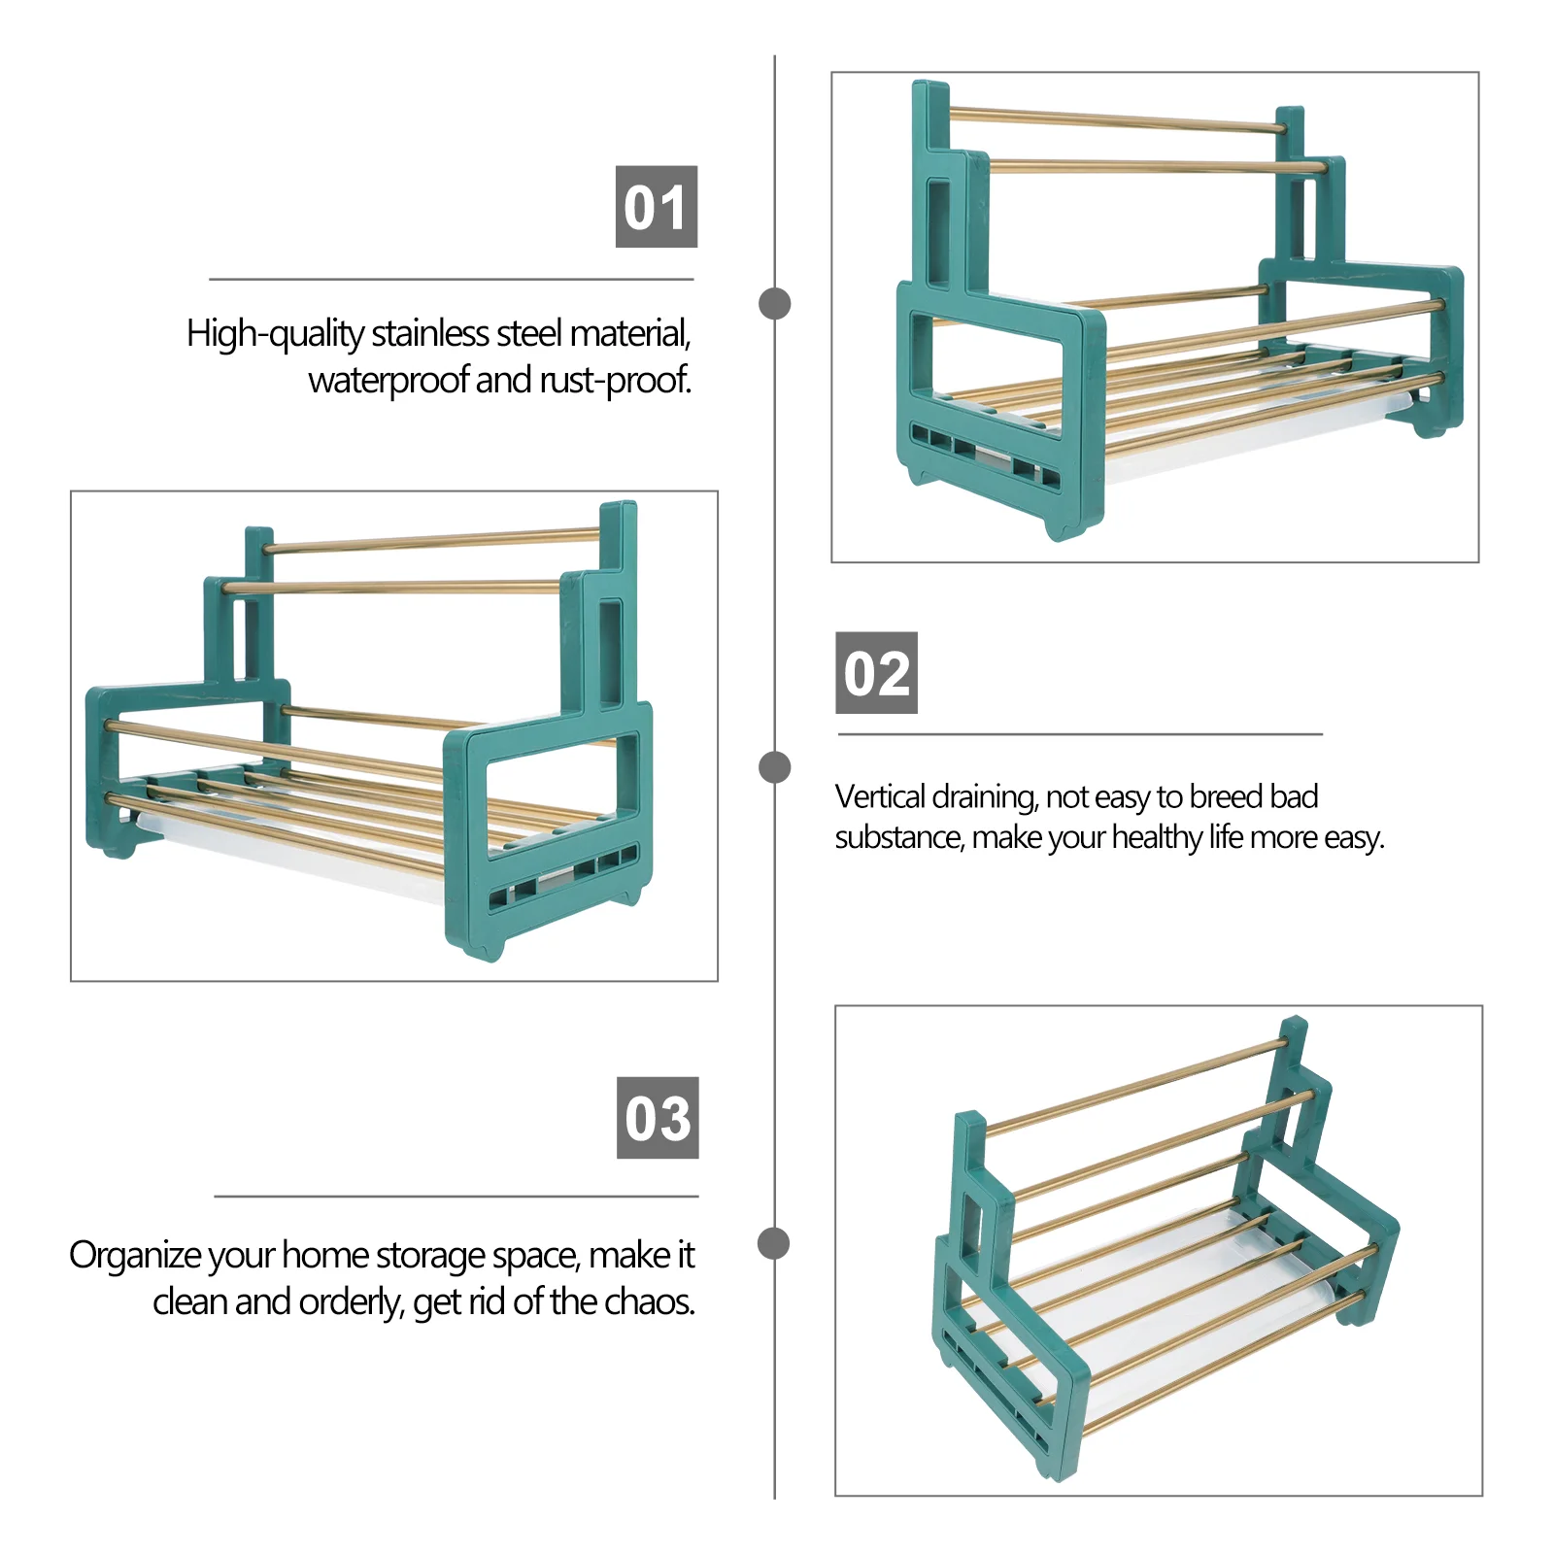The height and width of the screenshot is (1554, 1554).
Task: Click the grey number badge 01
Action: [x=657, y=207]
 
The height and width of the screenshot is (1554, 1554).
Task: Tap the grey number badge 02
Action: [x=877, y=673]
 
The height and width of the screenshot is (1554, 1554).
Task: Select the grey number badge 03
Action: [x=658, y=1118]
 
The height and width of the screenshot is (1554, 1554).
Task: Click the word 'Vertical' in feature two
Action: [x=880, y=796]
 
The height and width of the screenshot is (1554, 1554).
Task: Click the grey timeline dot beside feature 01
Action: [x=774, y=303]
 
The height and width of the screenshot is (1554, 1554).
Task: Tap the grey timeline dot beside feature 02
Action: [x=774, y=767]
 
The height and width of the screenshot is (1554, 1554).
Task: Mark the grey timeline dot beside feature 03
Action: [x=774, y=1243]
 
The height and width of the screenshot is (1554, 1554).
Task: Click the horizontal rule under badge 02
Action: [x=1080, y=734]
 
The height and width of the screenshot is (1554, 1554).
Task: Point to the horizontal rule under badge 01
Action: [x=452, y=280]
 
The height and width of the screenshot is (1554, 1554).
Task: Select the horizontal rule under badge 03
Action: [x=456, y=1197]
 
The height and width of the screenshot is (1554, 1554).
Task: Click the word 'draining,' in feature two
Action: [x=985, y=797]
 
